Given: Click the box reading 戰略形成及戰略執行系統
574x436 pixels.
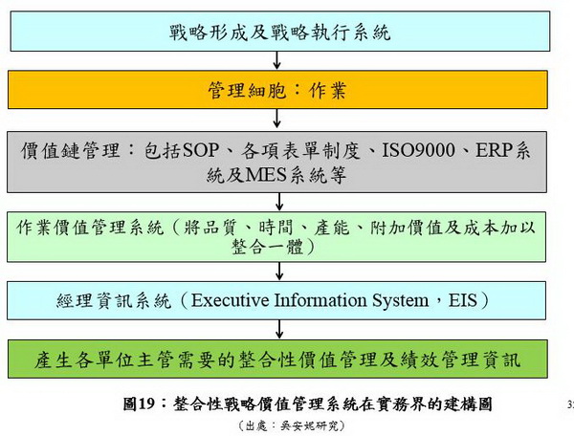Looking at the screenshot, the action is (x=280, y=32).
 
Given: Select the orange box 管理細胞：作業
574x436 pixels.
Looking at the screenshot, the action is (x=277, y=90).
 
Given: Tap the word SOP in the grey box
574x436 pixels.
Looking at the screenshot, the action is (x=201, y=150).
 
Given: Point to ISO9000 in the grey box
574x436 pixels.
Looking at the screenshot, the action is (x=418, y=150).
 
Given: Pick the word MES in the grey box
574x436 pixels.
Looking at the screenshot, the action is (x=265, y=175).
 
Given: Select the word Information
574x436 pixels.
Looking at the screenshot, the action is (x=320, y=300).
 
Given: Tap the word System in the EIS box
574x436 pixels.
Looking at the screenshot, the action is (x=401, y=301).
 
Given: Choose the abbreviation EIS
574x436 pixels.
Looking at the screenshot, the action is (x=463, y=300).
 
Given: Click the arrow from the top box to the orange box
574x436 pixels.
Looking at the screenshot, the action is (x=277, y=60).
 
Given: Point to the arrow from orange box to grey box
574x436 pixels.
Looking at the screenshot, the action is (x=277, y=119).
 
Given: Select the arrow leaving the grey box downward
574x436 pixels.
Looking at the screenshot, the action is (x=279, y=202).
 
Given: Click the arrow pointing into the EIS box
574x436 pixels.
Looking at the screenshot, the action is (x=279, y=271).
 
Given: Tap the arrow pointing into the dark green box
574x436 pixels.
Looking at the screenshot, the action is (x=279, y=329).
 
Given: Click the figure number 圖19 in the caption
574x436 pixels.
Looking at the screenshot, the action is (x=139, y=404).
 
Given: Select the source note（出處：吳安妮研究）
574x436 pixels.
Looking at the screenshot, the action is (x=292, y=425).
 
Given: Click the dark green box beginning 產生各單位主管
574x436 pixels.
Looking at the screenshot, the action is (x=277, y=359).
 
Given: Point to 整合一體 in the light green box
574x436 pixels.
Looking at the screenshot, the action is (x=268, y=248).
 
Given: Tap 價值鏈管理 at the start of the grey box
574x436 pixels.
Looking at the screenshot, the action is (x=70, y=150).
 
